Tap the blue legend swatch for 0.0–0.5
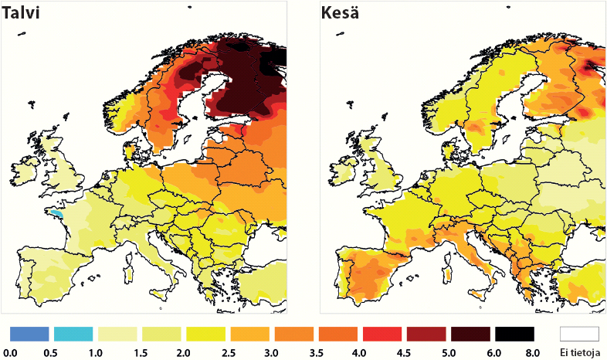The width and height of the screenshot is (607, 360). click(29, 334)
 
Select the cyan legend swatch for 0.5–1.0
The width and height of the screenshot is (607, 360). click(73, 334)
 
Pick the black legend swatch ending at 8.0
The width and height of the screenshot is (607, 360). click(514, 334)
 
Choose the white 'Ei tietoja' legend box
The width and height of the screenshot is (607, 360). click(579, 334)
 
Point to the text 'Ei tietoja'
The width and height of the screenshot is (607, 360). click(579, 352)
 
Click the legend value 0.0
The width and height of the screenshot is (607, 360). click(10, 352)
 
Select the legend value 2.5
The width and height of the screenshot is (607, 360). click(229, 352)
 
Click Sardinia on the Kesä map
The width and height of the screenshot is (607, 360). click(446, 275)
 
